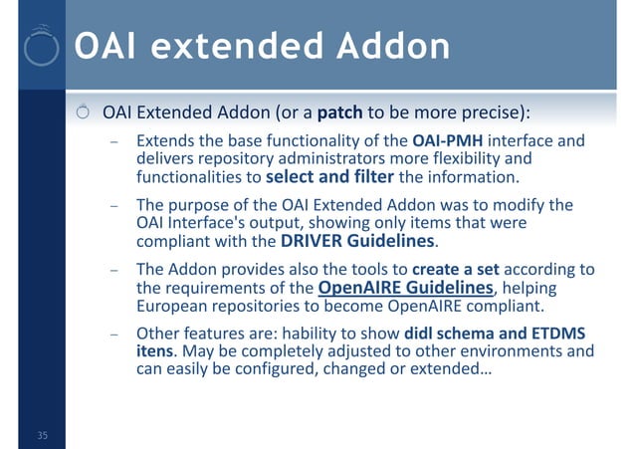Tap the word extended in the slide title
click(x=224, y=46)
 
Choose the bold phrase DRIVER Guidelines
click(x=358, y=242)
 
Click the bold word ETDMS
click(x=559, y=333)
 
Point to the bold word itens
click(x=156, y=351)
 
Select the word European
click(x=169, y=307)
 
